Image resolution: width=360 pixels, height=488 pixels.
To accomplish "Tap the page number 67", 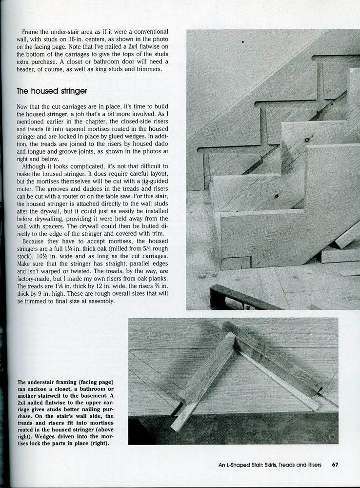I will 335,465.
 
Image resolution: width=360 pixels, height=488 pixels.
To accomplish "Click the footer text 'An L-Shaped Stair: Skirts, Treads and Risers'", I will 270,465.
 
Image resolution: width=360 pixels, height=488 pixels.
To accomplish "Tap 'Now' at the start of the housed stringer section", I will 23,106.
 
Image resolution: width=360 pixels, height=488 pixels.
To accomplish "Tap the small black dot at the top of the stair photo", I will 242,42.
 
